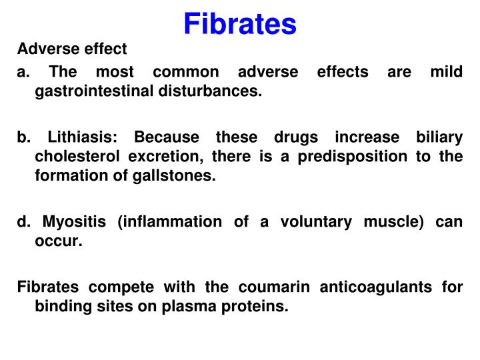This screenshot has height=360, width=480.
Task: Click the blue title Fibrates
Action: (x=240, y=24)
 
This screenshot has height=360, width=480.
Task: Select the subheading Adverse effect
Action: (x=72, y=49)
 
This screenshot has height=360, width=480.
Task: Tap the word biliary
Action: (x=437, y=137)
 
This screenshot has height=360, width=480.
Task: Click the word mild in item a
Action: (x=447, y=71)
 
